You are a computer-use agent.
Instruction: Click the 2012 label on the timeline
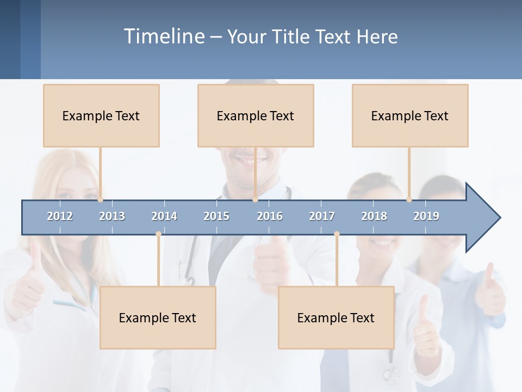pyautogui.click(x=60, y=216)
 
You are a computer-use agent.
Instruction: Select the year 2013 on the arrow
pyautogui.click(x=112, y=216)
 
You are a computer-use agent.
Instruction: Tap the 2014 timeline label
pyautogui.click(x=164, y=216)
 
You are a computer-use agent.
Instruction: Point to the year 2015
pyautogui.click(x=216, y=216)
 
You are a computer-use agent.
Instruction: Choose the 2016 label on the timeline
pyautogui.click(x=270, y=216)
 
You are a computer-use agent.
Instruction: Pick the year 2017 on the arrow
pyautogui.click(x=322, y=216)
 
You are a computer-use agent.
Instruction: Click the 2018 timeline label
pyautogui.click(x=374, y=216)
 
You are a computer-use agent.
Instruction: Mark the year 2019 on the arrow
pyautogui.click(x=426, y=216)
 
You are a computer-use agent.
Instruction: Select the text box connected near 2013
pyautogui.click(x=101, y=115)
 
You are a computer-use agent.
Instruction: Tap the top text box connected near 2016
pyautogui.click(x=256, y=115)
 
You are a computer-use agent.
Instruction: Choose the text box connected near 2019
pyautogui.click(x=410, y=115)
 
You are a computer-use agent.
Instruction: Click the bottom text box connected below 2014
pyautogui.click(x=158, y=317)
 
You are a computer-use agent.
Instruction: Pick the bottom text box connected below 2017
pyautogui.click(x=336, y=317)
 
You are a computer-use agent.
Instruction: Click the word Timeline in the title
pyautogui.click(x=164, y=36)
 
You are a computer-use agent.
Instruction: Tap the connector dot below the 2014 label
pyautogui.click(x=158, y=234)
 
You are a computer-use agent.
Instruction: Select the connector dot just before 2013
pyautogui.click(x=100, y=200)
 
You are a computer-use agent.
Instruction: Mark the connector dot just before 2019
pyautogui.click(x=409, y=200)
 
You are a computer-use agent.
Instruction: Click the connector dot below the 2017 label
pyautogui.click(x=337, y=234)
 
